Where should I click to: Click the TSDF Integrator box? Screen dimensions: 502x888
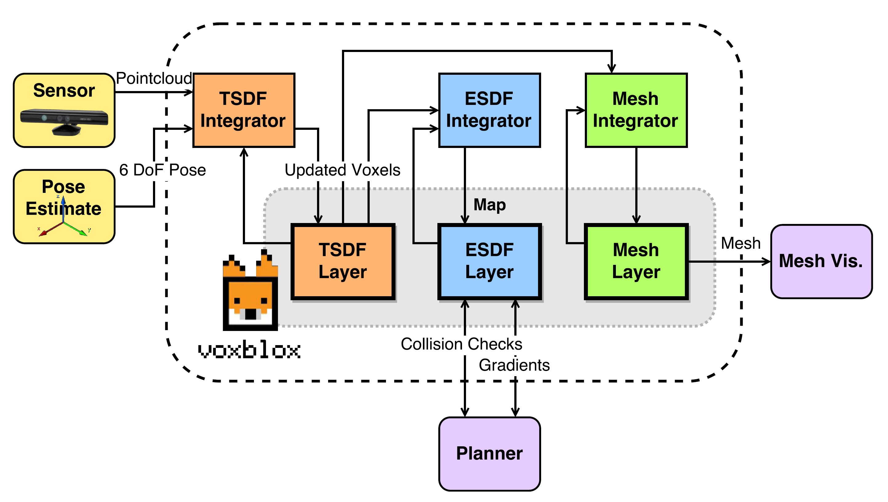pos(243,110)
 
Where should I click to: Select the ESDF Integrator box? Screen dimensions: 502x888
pos(489,110)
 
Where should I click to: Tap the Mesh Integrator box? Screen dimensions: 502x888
pos(636,110)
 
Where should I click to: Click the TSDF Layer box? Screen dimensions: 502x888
pos(343,261)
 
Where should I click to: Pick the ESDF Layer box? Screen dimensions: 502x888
pos(489,261)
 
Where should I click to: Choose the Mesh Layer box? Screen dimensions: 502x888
pos(636,261)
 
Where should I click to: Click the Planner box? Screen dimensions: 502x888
pos(489,453)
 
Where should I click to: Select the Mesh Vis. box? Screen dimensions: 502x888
pos(821,261)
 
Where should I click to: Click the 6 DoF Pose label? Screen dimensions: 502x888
pos(162,170)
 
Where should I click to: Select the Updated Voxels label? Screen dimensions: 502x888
pos(342,170)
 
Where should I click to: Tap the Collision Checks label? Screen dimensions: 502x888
pos(461,344)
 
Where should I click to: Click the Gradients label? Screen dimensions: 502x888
pos(514,365)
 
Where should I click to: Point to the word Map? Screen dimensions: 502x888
pos(489,205)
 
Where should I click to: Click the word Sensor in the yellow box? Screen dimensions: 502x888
pos(64,91)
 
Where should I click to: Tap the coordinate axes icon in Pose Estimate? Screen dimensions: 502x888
pos(64,221)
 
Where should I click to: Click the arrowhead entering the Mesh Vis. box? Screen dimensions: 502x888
pos(766,262)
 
